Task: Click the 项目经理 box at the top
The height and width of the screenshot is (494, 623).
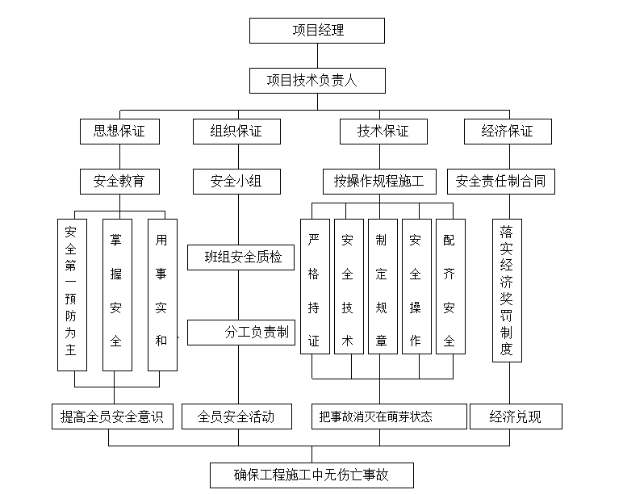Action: tap(316, 31)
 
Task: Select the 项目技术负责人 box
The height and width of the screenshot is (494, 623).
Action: tap(316, 81)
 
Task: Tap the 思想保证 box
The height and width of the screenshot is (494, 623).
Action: tap(119, 131)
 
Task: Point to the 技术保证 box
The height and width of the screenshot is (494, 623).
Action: tap(383, 131)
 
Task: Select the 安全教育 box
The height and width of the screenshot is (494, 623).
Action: tap(119, 181)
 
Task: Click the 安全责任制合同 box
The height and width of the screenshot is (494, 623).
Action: tap(500, 181)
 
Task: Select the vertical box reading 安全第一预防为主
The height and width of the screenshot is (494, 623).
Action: tap(72, 295)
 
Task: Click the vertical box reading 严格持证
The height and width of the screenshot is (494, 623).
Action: tap(314, 287)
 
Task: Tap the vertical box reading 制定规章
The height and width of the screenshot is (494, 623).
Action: tap(382, 287)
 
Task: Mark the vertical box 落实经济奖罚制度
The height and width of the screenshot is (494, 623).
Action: tap(507, 290)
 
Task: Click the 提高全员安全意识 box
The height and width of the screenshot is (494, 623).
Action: tap(112, 417)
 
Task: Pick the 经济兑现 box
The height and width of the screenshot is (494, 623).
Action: tap(516, 417)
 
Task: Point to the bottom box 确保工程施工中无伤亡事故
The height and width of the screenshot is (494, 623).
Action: tap(311, 475)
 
